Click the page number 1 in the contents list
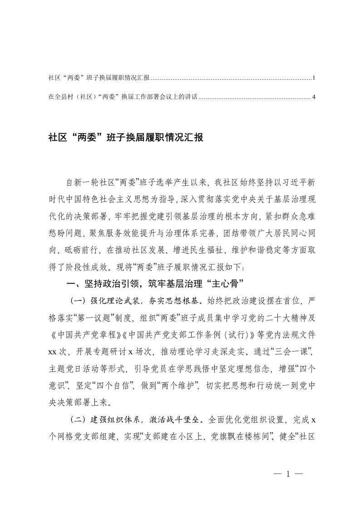pos(314,78)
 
